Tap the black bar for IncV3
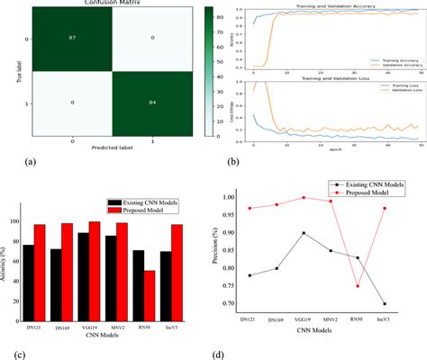point(166,277)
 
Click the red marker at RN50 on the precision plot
point(357,286)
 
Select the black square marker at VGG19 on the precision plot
point(302,232)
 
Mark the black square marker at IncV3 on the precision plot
point(385,303)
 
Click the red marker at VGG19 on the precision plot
point(302,197)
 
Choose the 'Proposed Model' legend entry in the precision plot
point(367,192)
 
